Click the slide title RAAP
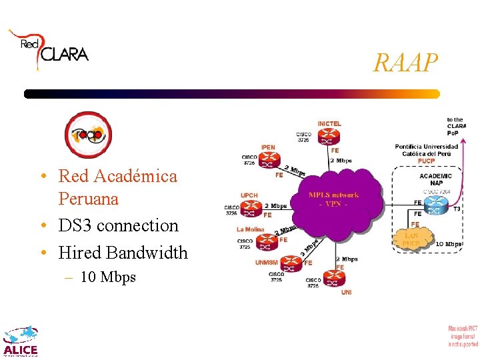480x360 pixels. (406, 63)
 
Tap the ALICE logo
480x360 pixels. (21, 342)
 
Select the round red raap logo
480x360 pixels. (88, 135)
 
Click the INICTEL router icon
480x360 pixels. (328, 137)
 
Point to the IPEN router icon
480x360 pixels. (267, 160)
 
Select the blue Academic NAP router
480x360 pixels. (435, 204)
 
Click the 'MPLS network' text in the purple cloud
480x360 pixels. (333, 195)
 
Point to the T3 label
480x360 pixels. (457, 209)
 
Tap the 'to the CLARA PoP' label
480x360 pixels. (456, 126)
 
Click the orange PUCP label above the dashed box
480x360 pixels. (426, 161)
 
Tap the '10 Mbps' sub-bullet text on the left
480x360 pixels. (107, 277)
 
